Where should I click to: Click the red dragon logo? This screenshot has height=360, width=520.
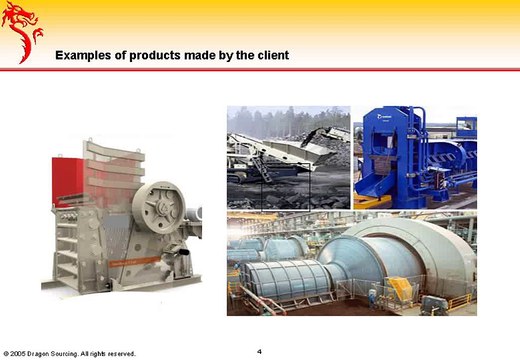pyautogui.click(x=24, y=30)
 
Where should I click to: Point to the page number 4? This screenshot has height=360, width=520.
pyautogui.click(x=259, y=350)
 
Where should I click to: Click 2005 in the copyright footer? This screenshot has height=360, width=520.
pyautogui.click(x=19, y=353)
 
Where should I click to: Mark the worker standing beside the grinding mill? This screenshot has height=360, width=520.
pyautogui.click(x=373, y=297)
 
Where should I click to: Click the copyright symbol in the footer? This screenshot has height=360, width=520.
pyautogui.click(x=6, y=353)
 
